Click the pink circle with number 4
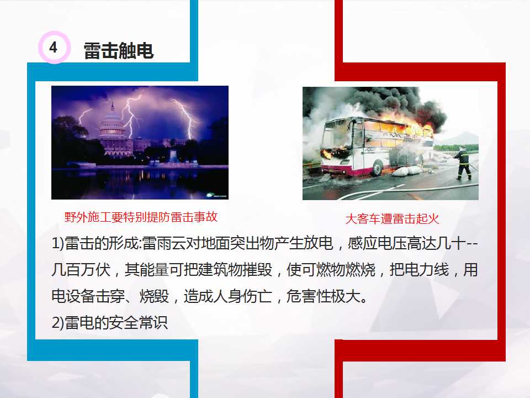53,48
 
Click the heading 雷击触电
118,51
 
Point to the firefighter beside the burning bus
463,163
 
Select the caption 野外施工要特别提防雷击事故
141,217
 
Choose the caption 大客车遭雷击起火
392,219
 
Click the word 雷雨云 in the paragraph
161,243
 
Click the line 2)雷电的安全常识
109,323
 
